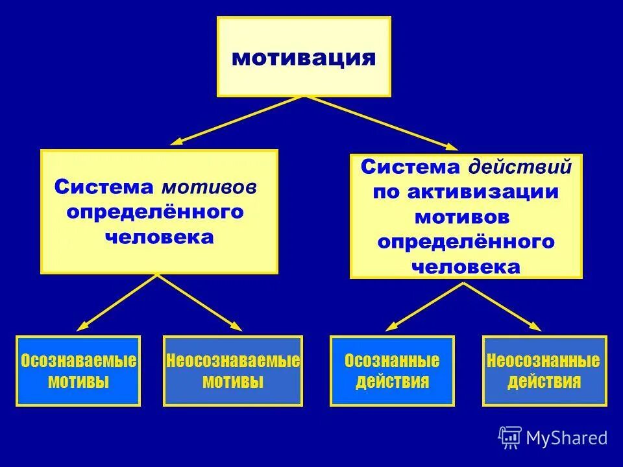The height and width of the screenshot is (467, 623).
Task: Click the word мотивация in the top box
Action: tap(304, 58)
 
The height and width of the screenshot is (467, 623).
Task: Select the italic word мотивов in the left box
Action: tap(209, 188)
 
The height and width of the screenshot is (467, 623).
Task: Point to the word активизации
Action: tap(483, 192)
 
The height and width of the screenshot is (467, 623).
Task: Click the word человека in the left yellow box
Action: tap(159, 237)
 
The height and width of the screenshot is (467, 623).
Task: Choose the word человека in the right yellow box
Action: tap(466, 266)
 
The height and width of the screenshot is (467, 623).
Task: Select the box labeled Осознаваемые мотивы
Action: tap(79, 370)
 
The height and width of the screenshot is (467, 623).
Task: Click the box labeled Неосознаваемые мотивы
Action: tap(232, 370)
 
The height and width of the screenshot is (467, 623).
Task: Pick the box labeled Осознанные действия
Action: tap(392, 370)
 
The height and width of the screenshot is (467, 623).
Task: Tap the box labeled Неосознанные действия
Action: tap(544, 370)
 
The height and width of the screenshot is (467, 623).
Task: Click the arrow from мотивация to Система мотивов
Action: tap(236, 120)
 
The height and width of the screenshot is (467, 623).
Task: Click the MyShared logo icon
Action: tap(510, 438)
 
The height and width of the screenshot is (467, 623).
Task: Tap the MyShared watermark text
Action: tap(567, 438)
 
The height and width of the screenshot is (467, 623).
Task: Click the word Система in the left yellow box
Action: tap(104, 188)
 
